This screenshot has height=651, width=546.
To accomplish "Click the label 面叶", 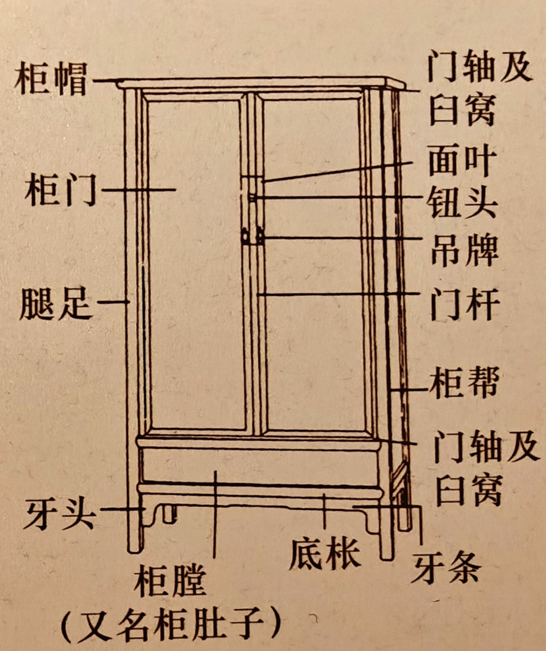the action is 462,162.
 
